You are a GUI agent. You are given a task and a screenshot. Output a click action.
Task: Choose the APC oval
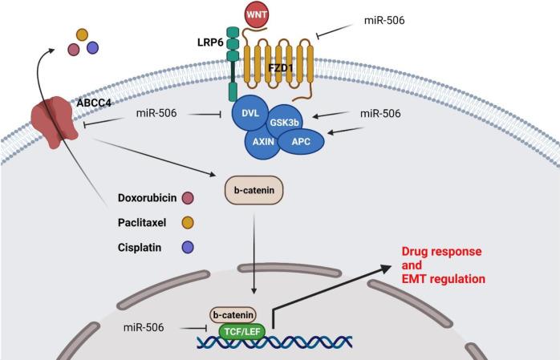pyautogui.click(x=302, y=141)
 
